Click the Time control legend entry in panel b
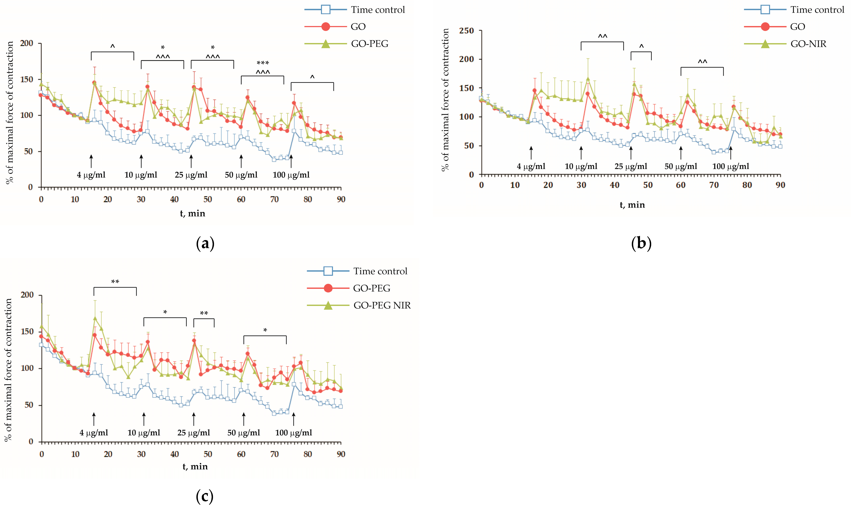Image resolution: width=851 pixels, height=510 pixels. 817,10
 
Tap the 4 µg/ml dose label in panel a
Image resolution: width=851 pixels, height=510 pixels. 91,175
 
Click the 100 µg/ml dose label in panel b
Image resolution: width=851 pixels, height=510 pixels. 731,167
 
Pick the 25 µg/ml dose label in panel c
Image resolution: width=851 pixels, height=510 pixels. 194,433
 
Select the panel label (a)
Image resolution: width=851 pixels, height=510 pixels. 205,244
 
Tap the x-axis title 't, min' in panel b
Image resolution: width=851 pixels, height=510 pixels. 632,205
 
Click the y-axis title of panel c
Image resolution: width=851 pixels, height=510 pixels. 8,369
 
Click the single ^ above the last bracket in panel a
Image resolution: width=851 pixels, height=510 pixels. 312,77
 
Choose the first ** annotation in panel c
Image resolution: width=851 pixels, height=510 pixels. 115,282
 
